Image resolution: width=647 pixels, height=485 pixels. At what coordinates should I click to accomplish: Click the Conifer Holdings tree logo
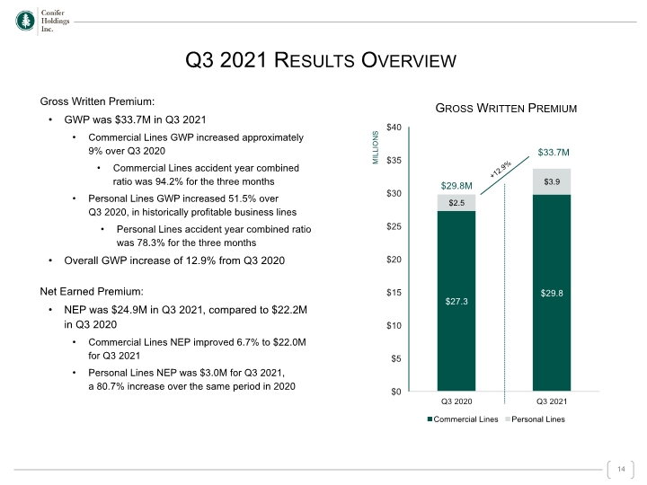(25, 21)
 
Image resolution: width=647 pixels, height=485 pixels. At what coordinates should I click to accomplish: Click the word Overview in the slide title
(409, 60)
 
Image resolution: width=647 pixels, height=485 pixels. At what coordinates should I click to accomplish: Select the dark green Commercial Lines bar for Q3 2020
(456, 301)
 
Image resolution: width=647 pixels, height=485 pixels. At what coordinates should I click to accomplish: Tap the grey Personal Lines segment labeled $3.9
(552, 181)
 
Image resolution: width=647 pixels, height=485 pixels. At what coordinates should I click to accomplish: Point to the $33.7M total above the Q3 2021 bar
(554, 152)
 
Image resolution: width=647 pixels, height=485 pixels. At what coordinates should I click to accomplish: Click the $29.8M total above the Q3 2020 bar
(456, 186)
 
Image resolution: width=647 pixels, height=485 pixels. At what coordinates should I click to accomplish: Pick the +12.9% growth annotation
(501, 169)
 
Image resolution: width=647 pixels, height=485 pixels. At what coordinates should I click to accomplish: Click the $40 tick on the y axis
(394, 127)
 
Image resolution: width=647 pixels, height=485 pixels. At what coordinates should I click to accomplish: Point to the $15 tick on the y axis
(394, 293)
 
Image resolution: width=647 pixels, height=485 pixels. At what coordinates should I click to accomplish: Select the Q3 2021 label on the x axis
(552, 401)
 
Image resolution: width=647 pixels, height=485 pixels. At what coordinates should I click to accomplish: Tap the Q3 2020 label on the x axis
(456, 401)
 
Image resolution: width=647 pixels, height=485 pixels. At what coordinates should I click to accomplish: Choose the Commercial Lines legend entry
(463, 419)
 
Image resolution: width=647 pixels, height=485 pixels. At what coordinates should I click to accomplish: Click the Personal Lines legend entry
(536, 419)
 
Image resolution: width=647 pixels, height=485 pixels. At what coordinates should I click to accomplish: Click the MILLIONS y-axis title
(376, 147)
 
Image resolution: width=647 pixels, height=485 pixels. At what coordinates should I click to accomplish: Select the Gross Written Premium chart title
(506, 108)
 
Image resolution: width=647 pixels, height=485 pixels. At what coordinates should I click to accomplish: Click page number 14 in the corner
(621, 469)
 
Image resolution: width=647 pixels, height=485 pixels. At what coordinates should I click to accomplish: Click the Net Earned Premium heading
(92, 292)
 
